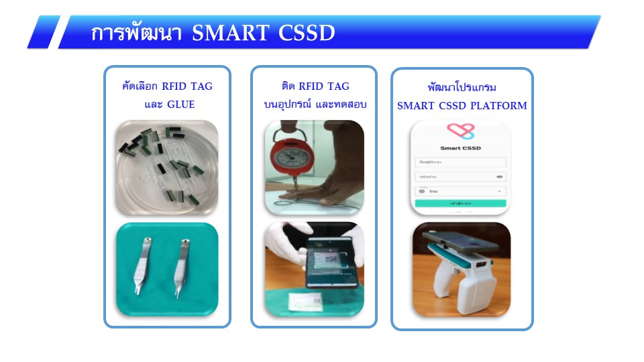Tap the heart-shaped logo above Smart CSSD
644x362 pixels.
[x=460, y=131]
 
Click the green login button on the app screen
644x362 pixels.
[x=460, y=202]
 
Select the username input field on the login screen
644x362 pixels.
[x=460, y=162]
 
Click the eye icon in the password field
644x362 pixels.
[x=500, y=177]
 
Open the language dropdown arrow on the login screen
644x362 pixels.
[x=500, y=191]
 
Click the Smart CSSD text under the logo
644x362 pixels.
[x=460, y=148]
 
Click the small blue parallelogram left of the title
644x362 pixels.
[x=44, y=32]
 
